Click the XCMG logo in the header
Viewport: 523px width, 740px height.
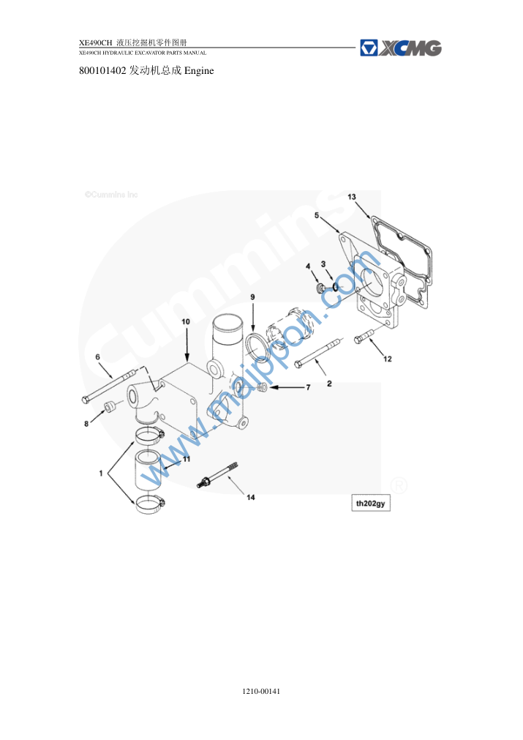click(x=400, y=48)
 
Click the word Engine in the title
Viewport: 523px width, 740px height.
click(x=199, y=71)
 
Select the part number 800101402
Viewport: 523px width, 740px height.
click(x=102, y=71)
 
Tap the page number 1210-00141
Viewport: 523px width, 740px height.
click(x=261, y=692)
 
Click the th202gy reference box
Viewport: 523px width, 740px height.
click(x=371, y=504)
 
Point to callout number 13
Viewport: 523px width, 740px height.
click(x=352, y=197)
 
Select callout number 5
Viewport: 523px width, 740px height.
click(x=317, y=215)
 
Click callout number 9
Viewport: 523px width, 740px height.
click(x=253, y=297)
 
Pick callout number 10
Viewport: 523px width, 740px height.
click(x=186, y=321)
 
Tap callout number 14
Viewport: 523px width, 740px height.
click(x=251, y=498)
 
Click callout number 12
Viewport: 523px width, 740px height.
click(x=388, y=359)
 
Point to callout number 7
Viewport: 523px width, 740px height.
click(x=309, y=387)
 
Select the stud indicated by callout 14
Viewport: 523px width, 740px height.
click(x=217, y=475)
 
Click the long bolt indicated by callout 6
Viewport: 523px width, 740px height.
click(x=110, y=386)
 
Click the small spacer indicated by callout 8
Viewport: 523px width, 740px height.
click(x=110, y=406)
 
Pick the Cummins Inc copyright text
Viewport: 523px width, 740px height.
click(x=111, y=195)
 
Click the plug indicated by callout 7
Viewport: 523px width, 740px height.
click(x=263, y=387)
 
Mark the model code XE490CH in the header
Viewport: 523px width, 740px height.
click(x=96, y=43)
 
